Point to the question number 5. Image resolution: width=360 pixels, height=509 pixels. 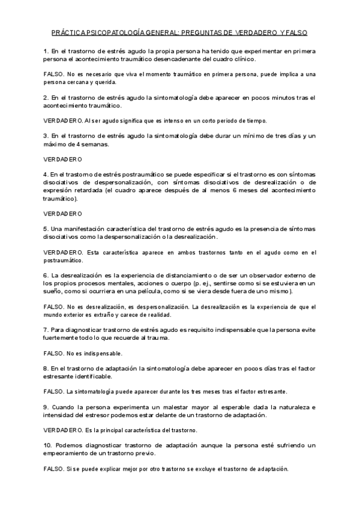coord(46,229)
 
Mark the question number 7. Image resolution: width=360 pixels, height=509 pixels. coord(46,330)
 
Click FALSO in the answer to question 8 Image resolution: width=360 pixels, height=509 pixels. coord(55,391)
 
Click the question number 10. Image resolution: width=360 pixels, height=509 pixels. coord(48,445)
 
